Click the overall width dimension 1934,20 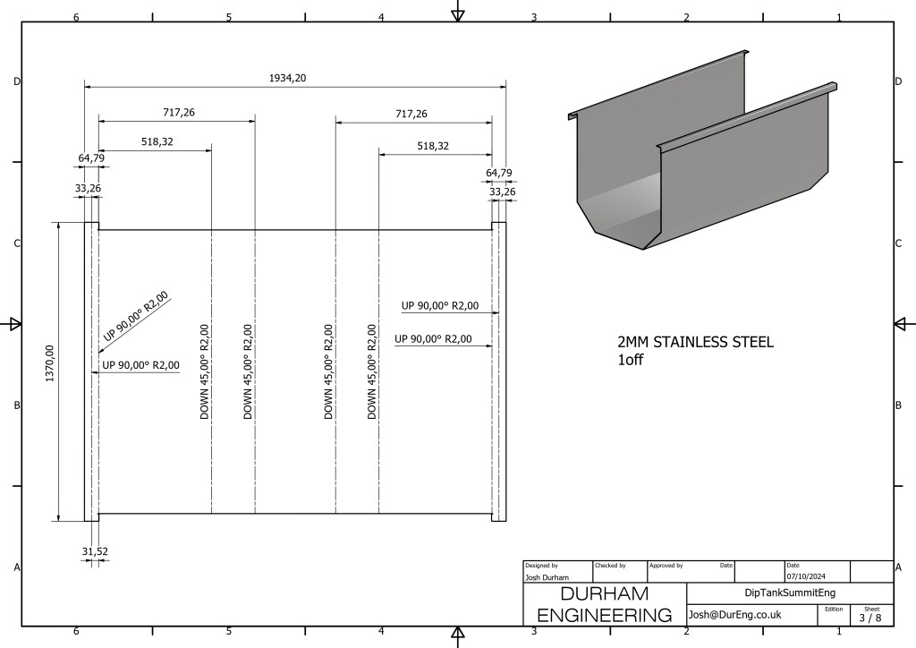(287, 78)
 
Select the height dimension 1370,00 (50, 363)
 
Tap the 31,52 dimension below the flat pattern (95, 551)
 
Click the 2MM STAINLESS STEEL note (695, 342)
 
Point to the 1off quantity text (631, 359)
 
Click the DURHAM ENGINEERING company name (605, 604)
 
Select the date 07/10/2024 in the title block (806, 576)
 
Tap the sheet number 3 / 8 (870, 617)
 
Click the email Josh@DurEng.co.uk (735, 615)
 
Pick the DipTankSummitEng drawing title (790, 593)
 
